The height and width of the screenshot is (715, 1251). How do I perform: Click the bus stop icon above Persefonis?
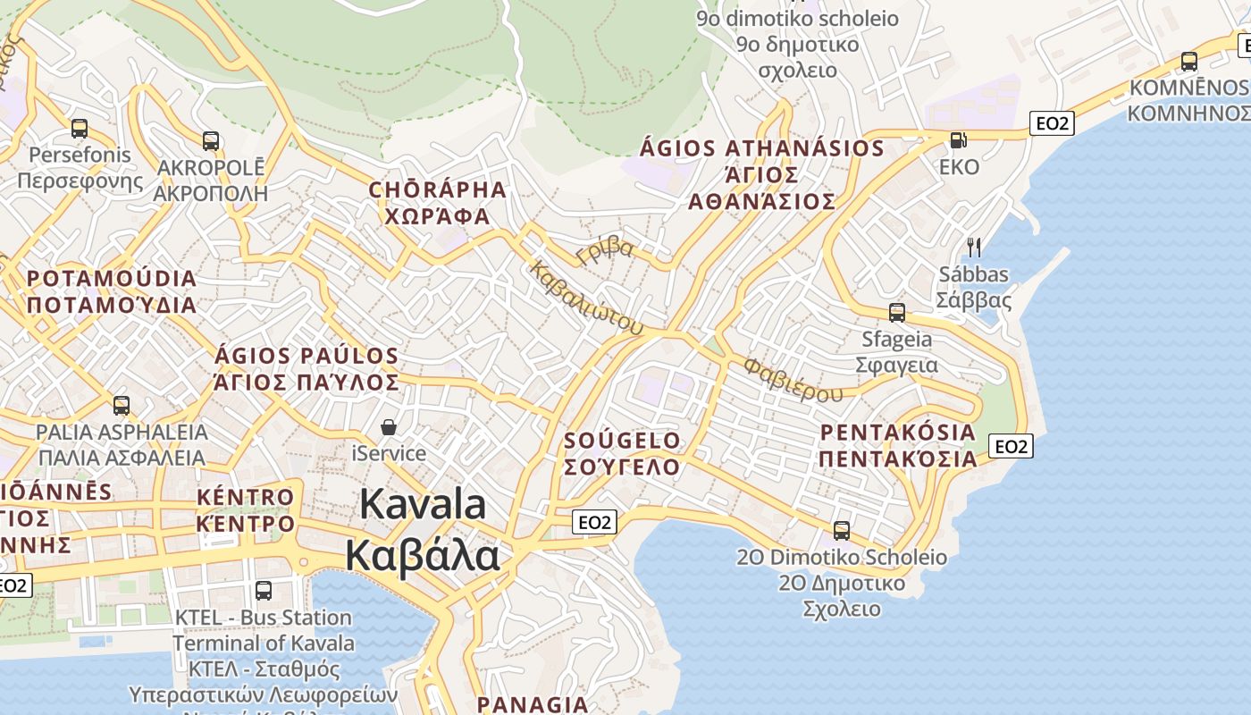(80, 129)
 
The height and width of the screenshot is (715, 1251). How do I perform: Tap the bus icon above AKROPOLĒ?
(211, 140)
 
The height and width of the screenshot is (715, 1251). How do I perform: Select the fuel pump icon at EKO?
(958, 140)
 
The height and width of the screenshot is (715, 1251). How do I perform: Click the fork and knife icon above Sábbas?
(974, 247)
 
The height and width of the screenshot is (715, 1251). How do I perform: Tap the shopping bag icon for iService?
(389, 427)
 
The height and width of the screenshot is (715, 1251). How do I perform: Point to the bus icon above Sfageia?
(897, 313)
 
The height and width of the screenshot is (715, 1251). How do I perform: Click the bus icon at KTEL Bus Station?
(264, 590)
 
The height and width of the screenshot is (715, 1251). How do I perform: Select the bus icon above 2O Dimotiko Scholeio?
(842, 531)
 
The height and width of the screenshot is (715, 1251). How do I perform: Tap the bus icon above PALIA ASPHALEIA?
(121, 406)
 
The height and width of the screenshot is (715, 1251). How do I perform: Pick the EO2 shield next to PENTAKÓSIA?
(1011, 446)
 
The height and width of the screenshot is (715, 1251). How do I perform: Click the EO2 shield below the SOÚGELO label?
(594, 522)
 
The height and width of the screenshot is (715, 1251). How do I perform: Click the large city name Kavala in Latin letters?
(423, 505)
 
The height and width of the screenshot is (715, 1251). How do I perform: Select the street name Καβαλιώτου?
(586, 298)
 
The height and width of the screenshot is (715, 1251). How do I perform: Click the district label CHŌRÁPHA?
(438, 189)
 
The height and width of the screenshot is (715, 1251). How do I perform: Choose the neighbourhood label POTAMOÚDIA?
(112, 278)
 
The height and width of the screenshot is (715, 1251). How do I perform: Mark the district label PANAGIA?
(533, 704)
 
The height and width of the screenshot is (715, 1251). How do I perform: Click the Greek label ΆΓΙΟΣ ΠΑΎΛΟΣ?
(306, 383)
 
